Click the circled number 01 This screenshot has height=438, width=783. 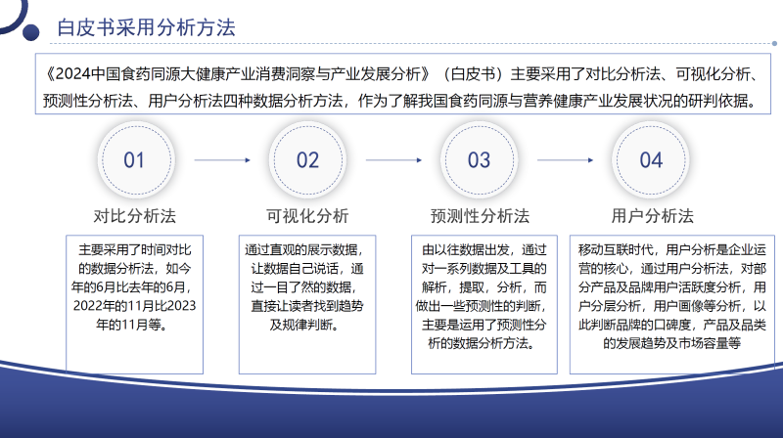[135, 160]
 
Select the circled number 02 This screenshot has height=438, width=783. [307, 160]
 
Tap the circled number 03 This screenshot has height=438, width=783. [479, 160]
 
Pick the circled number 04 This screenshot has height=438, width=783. [651, 160]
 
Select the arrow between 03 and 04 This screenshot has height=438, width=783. [565, 160]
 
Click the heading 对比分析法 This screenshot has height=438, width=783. [135, 215]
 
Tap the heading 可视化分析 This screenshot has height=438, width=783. [307, 215]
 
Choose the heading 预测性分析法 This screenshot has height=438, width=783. [480, 215]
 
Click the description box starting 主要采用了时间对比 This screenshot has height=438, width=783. [135, 303]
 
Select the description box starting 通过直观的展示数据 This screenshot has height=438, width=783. [307, 303]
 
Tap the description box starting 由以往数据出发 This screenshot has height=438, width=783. [480, 303]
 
